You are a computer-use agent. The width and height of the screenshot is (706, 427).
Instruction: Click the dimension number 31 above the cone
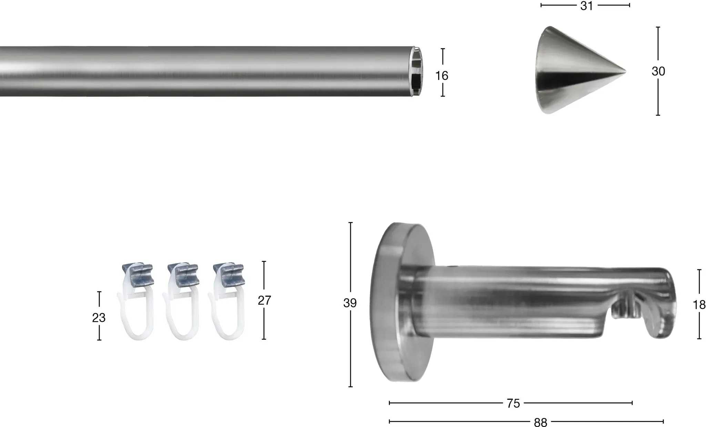586,6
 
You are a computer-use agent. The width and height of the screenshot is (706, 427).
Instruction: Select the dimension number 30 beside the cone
658,71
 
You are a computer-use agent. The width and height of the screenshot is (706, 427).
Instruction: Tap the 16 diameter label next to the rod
442,76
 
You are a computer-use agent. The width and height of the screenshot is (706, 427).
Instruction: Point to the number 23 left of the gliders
99,318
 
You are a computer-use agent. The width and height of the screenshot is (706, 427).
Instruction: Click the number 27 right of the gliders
264,300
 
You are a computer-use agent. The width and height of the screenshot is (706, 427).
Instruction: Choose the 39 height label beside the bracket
350,303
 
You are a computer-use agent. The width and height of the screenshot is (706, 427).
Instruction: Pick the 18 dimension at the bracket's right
699,305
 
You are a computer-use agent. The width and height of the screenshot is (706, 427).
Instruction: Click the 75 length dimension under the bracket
513,404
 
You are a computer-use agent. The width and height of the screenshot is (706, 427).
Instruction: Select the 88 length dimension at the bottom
541,422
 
